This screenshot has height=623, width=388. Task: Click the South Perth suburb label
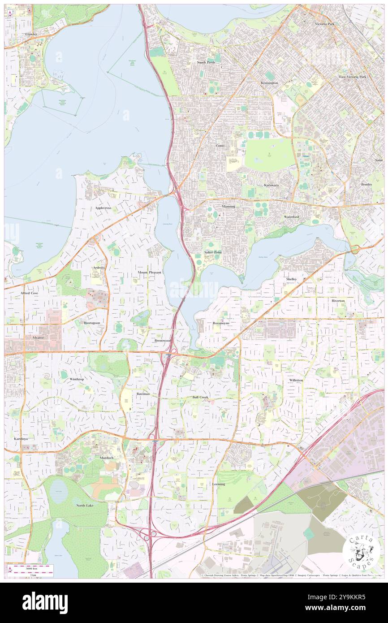coord(206,62)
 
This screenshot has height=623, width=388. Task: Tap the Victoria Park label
coord(324,23)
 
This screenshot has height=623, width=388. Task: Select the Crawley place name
coord(31,34)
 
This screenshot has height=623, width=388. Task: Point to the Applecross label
coord(103,208)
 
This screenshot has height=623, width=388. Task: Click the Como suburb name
coord(220,146)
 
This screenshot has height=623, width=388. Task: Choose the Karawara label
coord(271,185)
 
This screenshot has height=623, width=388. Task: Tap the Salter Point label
coord(213,252)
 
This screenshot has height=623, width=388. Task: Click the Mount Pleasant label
coord(149,272)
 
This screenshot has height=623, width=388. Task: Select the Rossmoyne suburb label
coord(221,323)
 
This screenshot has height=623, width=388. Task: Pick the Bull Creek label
coord(200,397)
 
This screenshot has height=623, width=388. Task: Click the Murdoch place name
coord(107,458)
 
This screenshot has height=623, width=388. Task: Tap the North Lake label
coord(84,506)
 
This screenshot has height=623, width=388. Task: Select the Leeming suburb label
coord(219,484)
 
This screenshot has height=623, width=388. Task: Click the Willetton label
coord(296,380)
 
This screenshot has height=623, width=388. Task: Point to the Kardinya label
coord(21,438)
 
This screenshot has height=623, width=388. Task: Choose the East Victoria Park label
coord(353,77)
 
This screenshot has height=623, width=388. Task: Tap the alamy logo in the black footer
coord(45,602)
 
